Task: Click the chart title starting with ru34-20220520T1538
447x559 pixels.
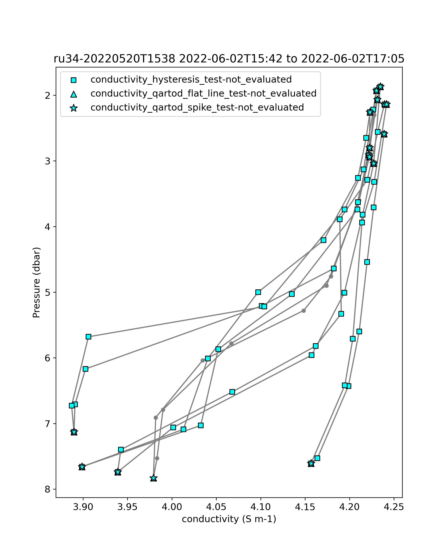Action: pyautogui.click(x=229, y=59)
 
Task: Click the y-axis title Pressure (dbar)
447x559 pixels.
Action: pyautogui.click(x=37, y=282)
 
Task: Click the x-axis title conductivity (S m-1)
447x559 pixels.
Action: pyautogui.click(x=229, y=519)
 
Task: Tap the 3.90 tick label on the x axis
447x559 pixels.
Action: pyautogui.click(x=83, y=507)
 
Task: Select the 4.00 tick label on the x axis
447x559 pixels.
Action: pyautogui.click(x=172, y=507)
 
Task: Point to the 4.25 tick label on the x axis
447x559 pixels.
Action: pyautogui.click(x=394, y=507)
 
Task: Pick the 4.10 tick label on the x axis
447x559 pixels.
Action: pyautogui.click(x=261, y=507)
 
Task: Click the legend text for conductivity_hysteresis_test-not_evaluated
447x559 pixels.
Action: pyautogui.click(x=191, y=80)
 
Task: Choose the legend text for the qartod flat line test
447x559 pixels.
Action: pyautogui.click(x=203, y=94)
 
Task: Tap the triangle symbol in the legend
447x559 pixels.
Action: pyautogui.click(x=74, y=94)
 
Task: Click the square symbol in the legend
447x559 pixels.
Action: pyautogui.click(x=74, y=80)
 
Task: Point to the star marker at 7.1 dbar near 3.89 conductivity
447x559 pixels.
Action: pyautogui.click(x=74, y=432)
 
